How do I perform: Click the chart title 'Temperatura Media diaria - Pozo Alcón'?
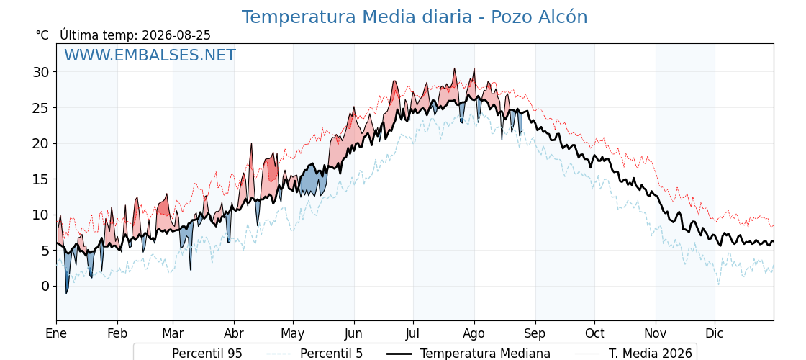point(415,17)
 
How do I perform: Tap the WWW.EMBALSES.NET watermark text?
point(150,55)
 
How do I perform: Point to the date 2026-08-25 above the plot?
point(176,35)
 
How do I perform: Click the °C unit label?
point(42,35)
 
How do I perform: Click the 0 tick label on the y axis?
point(46,286)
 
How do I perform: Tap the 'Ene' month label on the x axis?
point(57,334)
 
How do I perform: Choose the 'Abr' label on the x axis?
point(234,334)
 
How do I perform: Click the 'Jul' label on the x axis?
point(413,334)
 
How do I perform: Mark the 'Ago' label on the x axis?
point(474,334)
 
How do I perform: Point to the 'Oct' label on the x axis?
point(594,334)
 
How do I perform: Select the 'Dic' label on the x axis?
point(715,334)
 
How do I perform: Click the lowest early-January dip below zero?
point(66,293)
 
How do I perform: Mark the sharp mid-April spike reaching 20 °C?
point(251,144)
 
